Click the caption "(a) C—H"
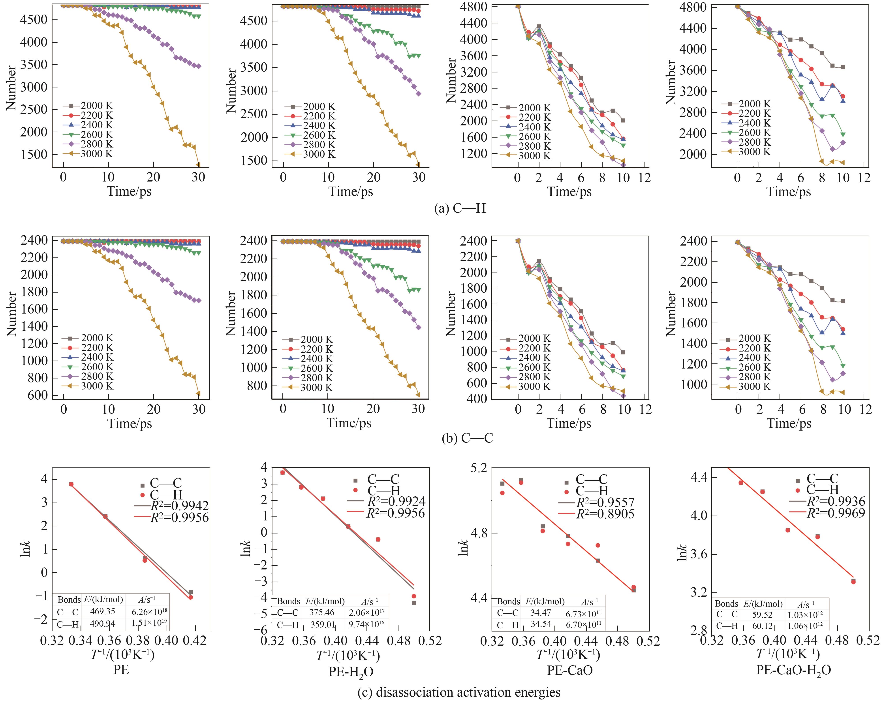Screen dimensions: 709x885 (460, 208)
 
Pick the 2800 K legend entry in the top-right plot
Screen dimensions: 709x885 (754, 142)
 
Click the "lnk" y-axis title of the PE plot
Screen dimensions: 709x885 (25, 549)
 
